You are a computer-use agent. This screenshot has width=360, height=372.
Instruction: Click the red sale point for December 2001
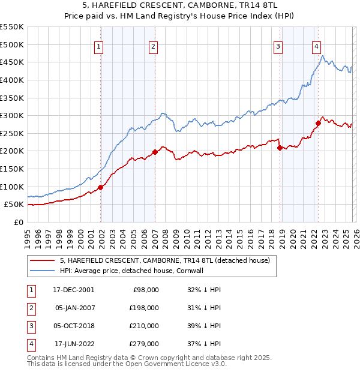pyautogui.click(x=101, y=187)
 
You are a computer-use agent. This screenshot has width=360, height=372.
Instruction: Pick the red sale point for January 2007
pyautogui.click(x=155, y=152)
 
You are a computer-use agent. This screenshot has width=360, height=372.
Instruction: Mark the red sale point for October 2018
pyautogui.click(x=280, y=148)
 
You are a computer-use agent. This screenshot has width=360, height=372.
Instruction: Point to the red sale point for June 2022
pyautogui.click(x=319, y=123)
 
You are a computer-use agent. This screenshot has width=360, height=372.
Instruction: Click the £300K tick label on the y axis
pyautogui.click(x=12, y=115)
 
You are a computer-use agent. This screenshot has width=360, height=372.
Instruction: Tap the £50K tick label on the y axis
pyautogui.click(x=14, y=205)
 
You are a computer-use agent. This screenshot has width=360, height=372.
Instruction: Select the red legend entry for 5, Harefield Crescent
pyautogui.click(x=165, y=260)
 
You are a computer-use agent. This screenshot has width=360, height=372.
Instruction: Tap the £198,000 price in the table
pyautogui.click(x=144, y=308)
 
